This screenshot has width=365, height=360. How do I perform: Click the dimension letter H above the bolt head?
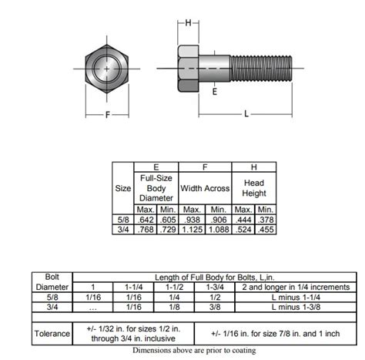click(x=188, y=23)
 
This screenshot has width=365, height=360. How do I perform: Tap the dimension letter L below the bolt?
click(x=246, y=113)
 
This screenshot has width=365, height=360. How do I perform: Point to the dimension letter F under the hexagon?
click(x=108, y=115)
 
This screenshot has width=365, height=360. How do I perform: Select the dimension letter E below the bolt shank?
click(x=215, y=92)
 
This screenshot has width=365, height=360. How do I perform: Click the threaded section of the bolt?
click(x=261, y=69)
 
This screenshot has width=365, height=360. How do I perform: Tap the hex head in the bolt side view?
click(x=188, y=69)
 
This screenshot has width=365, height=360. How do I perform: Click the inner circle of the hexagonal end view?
click(x=107, y=69)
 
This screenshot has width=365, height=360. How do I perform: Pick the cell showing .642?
click(x=146, y=220)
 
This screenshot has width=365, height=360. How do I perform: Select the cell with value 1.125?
click(x=192, y=230)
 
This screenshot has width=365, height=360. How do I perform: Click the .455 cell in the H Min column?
click(x=266, y=230)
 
